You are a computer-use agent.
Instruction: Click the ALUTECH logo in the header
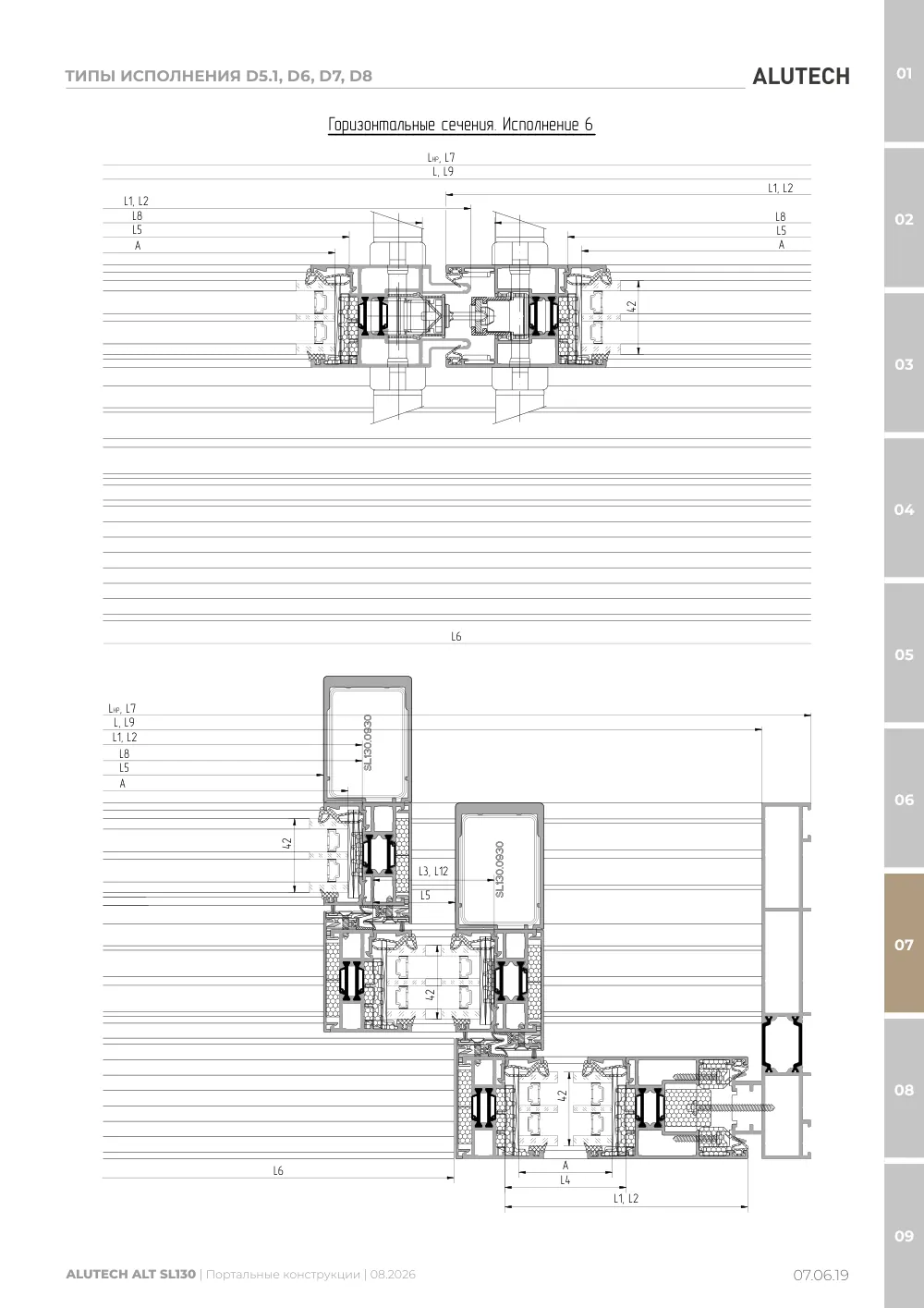pyautogui.click(x=801, y=77)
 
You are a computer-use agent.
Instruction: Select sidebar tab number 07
pyautogui.click(x=904, y=944)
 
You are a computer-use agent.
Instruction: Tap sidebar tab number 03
pyautogui.click(x=904, y=364)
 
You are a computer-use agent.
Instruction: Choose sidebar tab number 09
pyautogui.click(x=904, y=1236)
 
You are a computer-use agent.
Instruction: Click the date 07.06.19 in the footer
pyautogui.click(x=821, y=1275)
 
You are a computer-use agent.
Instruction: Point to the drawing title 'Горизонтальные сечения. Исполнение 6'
pyautogui.click(x=460, y=125)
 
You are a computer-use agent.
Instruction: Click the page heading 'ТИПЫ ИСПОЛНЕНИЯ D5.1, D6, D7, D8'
pyautogui.click(x=218, y=76)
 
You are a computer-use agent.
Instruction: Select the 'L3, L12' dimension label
pyautogui.click(x=433, y=871)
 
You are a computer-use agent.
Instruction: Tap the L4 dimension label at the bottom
pyautogui.click(x=565, y=1180)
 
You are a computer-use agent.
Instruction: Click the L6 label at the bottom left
pyautogui.click(x=278, y=1170)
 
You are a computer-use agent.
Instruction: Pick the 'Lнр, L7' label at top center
pyautogui.click(x=442, y=158)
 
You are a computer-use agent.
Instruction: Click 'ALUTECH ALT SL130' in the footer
pyautogui.click(x=131, y=1274)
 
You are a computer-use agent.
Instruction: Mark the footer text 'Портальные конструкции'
pyautogui.click(x=283, y=1275)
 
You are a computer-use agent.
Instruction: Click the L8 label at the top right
pyautogui.click(x=781, y=216)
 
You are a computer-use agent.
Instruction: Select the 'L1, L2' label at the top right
pyautogui.click(x=781, y=188)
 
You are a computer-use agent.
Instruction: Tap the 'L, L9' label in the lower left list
pyautogui.click(x=124, y=722)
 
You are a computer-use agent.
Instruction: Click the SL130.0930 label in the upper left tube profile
pyautogui.click(x=368, y=742)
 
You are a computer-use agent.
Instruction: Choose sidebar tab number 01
pyautogui.click(x=904, y=74)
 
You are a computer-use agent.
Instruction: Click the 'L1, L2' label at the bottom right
pyautogui.click(x=626, y=1198)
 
